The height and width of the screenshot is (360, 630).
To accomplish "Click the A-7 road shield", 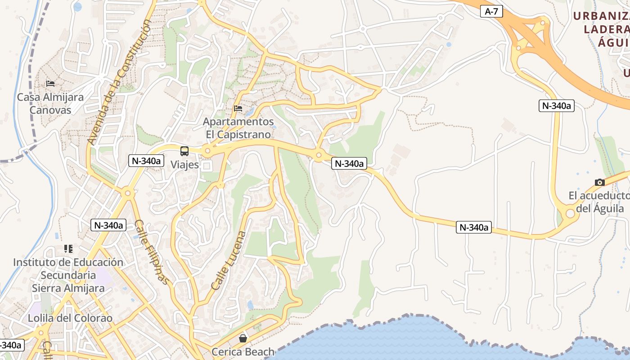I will tap(491, 12).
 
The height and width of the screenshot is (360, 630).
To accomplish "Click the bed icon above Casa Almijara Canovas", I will tap(50, 84).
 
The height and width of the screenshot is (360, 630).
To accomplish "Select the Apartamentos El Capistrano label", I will tap(238, 128).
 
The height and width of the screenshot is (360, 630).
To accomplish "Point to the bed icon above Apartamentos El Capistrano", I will tap(238, 108).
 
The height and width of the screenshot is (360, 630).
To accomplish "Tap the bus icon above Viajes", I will tap(184, 151).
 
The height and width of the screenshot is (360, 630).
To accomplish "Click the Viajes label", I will tap(184, 165).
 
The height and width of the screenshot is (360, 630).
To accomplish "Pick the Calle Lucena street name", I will tap(229, 261).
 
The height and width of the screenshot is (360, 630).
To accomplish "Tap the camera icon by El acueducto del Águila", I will tap(599, 182).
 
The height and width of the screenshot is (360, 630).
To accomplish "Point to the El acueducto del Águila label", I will tap(598, 202).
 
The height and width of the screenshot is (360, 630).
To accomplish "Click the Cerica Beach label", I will tap(243, 352).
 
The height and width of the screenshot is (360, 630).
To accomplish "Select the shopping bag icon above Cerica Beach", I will tap(243, 338).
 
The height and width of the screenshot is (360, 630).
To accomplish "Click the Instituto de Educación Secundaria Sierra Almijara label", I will tap(68, 275).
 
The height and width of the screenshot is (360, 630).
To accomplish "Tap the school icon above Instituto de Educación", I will tap(68, 248).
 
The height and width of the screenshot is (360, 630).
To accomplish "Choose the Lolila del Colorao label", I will tap(70, 318).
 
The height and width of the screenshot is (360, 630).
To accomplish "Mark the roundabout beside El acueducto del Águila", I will tap(570, 213).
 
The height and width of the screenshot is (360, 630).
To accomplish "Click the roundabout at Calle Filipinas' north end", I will tap(127, 193).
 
